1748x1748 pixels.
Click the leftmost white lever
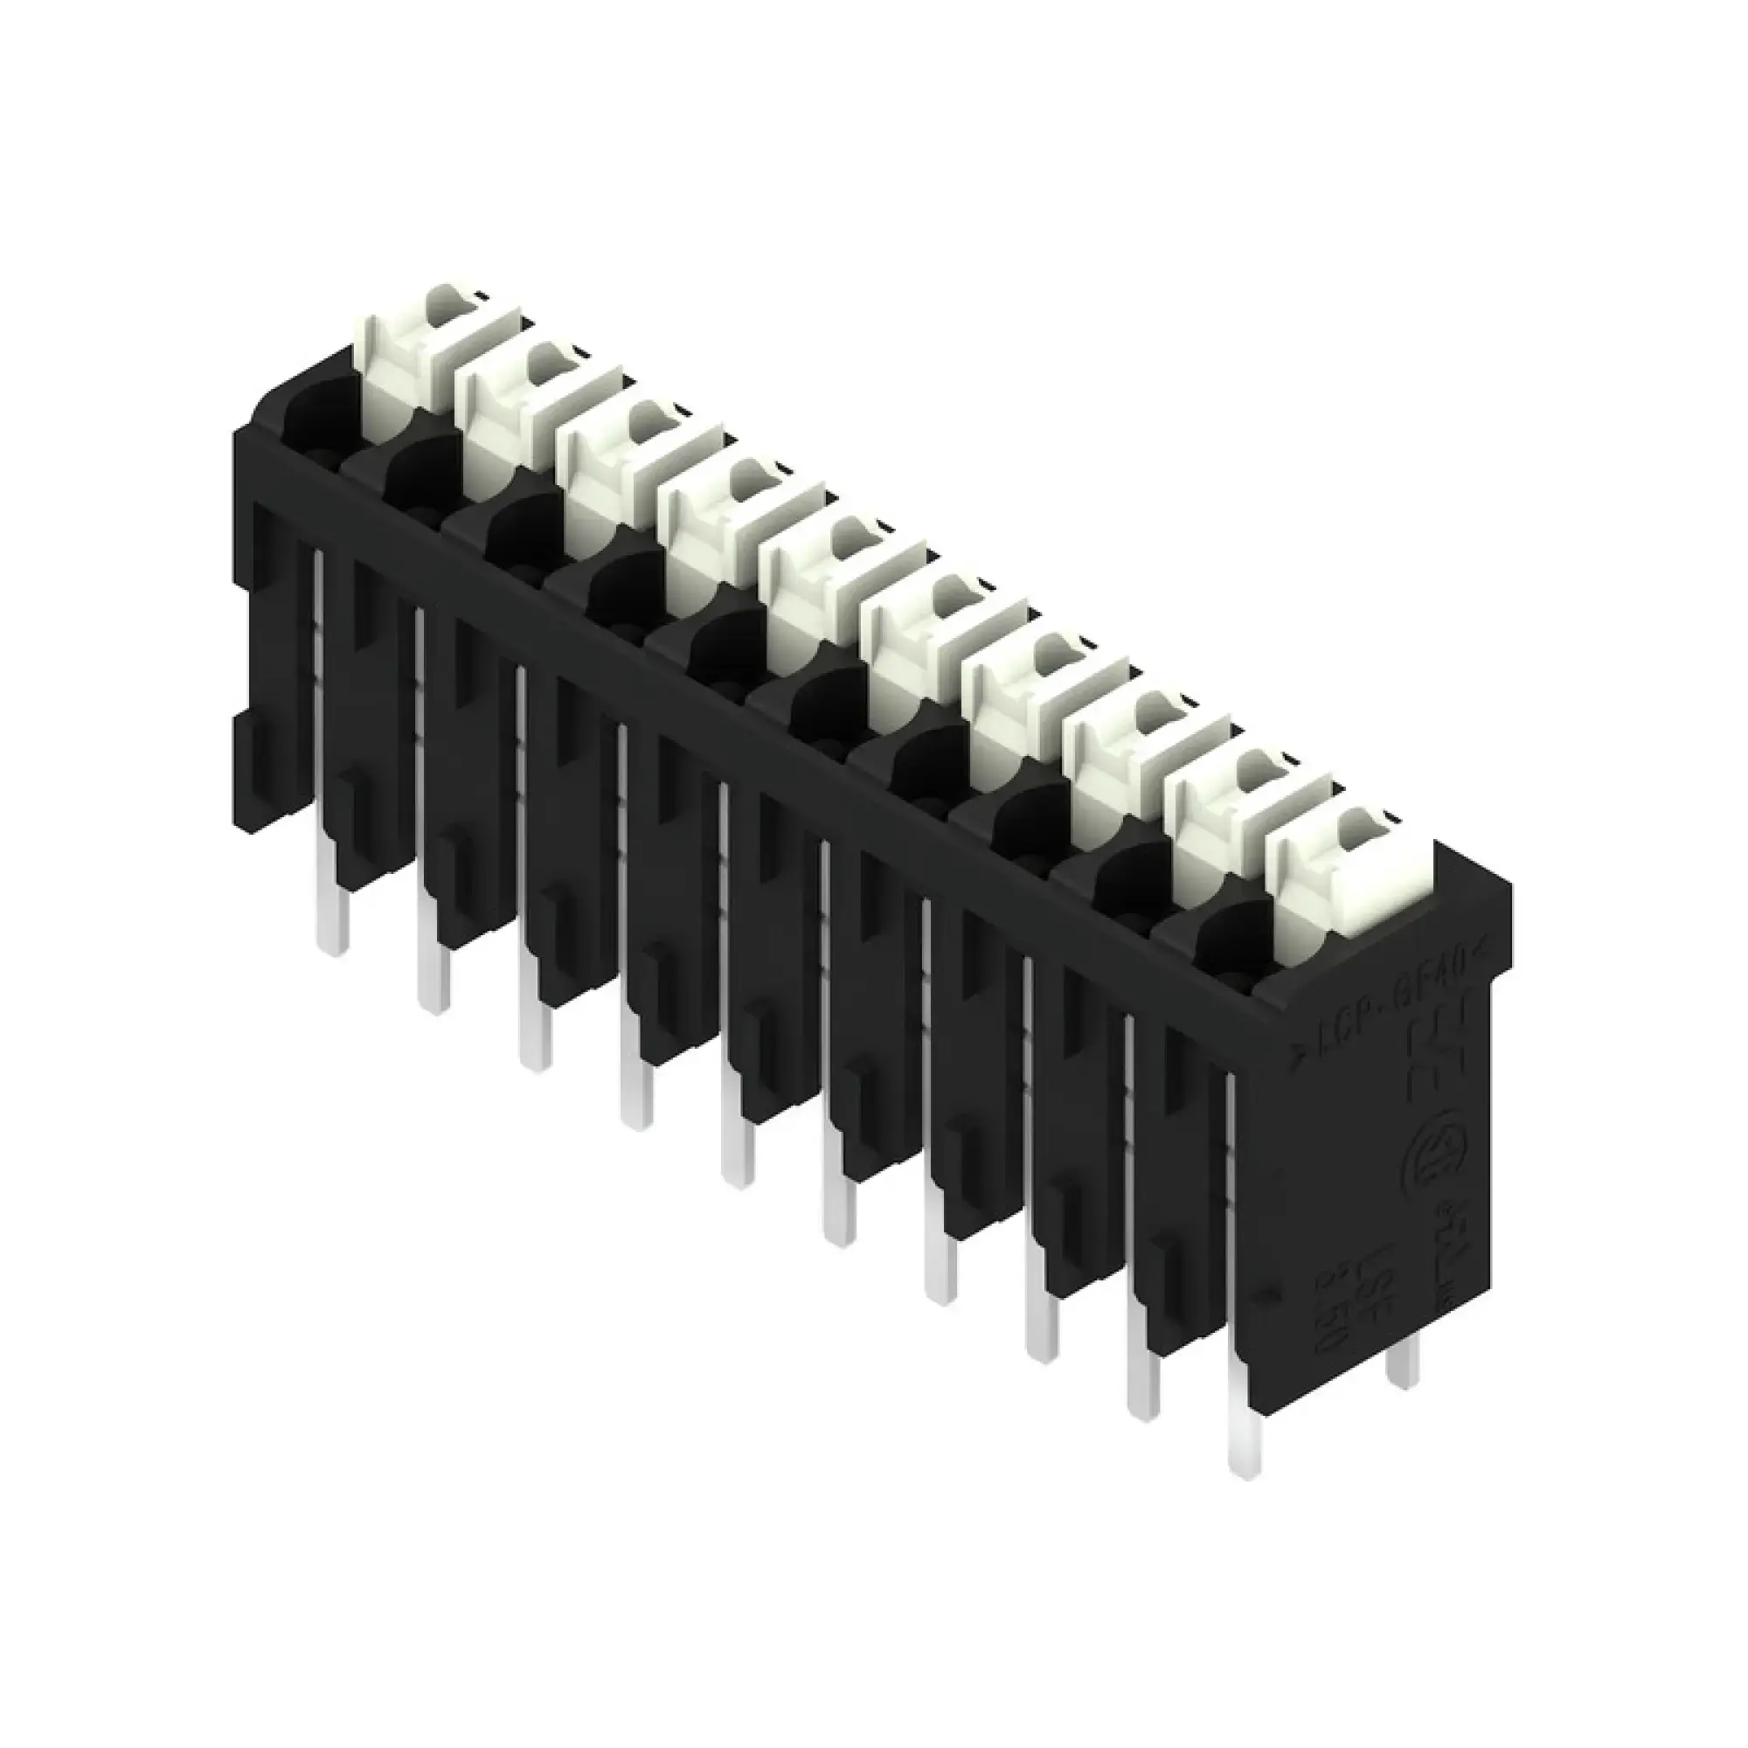click(x=407, y=362)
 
